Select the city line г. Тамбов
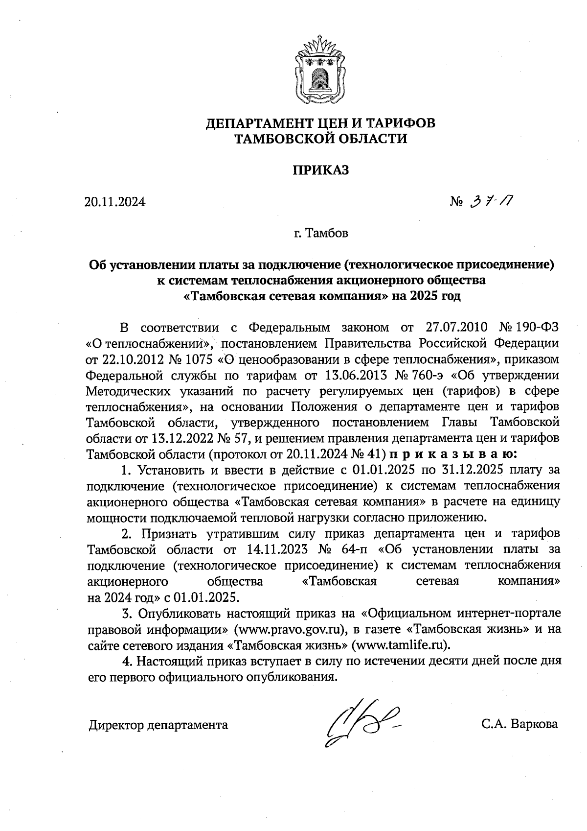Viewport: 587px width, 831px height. [x=321, y=233]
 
